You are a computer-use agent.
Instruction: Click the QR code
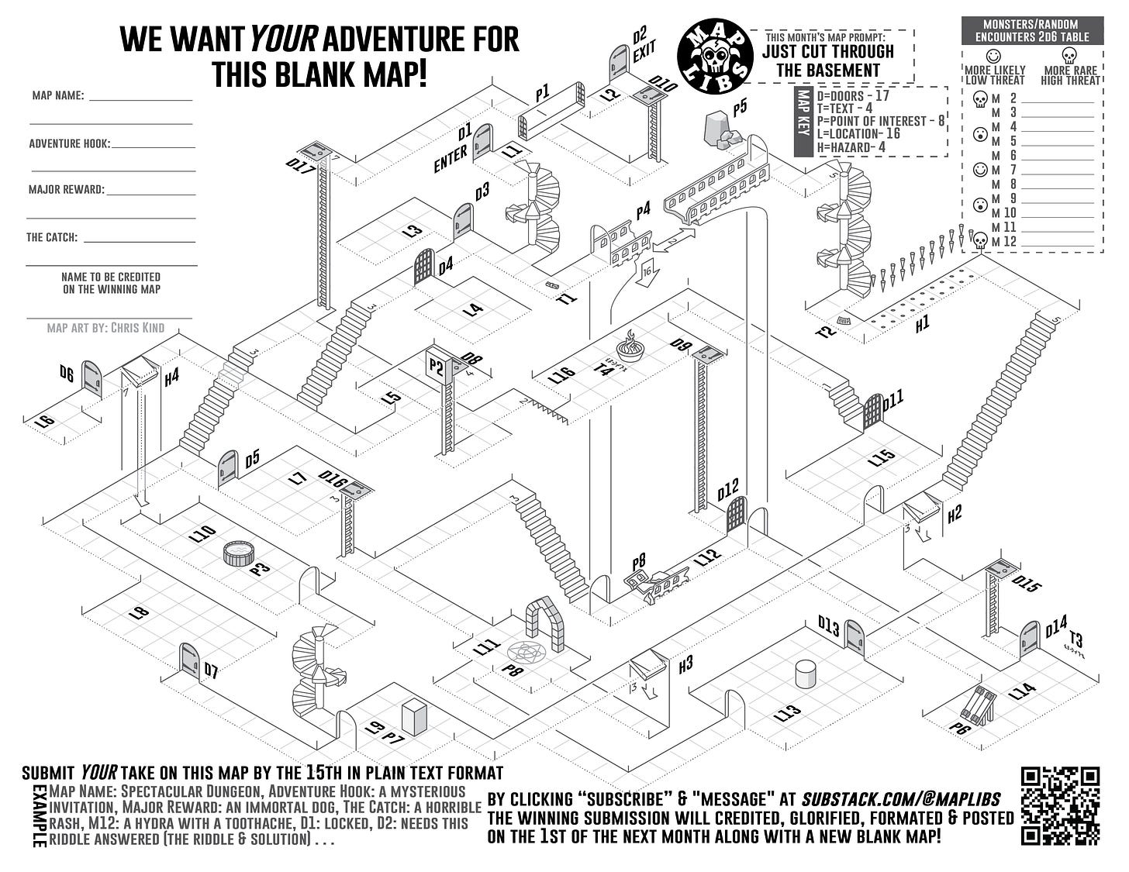(x=1060, y=805)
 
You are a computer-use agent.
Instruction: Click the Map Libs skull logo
(x=715, y=54)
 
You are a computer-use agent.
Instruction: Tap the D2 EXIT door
(x=618, y=62)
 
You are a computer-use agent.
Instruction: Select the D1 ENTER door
(x=482, y=141)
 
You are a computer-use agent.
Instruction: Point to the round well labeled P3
(x=240, y=553)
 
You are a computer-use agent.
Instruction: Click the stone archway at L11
(x=547, y=622)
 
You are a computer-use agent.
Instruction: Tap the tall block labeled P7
(x=414, y=717)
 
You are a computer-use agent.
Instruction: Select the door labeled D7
(x=189, y=660)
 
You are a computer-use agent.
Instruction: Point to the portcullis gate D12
(x=737, y=515)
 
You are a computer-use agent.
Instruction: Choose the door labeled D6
(x=91, y=377)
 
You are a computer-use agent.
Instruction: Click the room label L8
(x=139, y=613)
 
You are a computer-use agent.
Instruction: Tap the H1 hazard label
(x=921, y=325)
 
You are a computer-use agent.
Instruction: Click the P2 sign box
(x=436, y=366)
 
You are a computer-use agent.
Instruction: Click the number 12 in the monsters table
(x=1010, y=242)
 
